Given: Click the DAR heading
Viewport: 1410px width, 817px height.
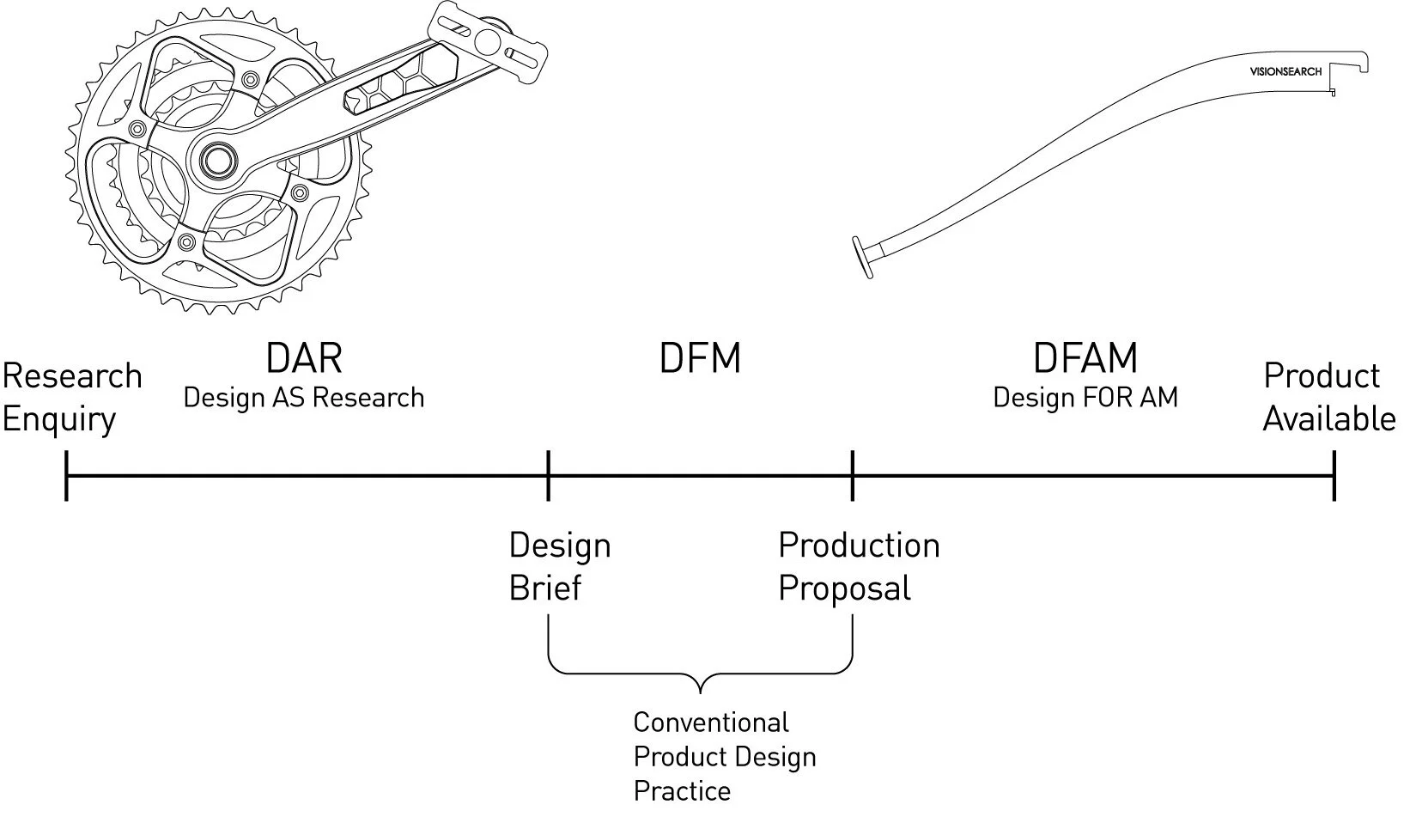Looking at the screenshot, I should pos(304,358).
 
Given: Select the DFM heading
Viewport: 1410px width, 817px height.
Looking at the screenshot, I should pos(700,358).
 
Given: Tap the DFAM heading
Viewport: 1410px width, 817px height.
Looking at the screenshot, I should pos(1085,358).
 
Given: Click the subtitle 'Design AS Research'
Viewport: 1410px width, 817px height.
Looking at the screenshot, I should pos(304,398).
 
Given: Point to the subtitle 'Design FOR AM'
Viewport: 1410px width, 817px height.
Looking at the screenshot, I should pos(1085,398).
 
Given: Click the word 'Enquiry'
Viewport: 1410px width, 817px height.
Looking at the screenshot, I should pos(59,420).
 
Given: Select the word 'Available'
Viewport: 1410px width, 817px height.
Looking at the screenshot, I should pos(1329,419).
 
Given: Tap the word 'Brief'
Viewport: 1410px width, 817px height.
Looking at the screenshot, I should pos(545,588).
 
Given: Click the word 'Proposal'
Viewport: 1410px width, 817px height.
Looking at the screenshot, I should pos(845,589).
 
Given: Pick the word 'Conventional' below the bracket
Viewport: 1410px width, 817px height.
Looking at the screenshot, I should pos(711,722).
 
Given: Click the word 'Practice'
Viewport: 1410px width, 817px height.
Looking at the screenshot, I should pos(682,790).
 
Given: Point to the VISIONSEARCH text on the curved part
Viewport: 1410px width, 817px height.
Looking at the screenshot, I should pos(1285,72).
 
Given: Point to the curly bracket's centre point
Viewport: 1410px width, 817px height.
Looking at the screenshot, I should pos(701,687).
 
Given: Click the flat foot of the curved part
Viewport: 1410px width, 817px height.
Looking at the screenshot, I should pos(862,257).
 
